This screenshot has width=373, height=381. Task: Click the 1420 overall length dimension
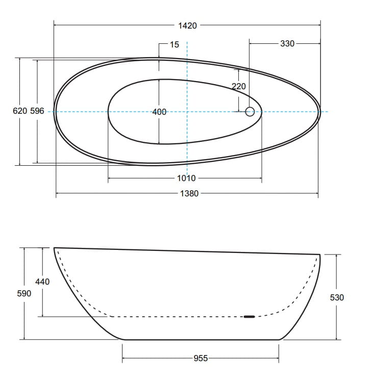click(x=187, y=26)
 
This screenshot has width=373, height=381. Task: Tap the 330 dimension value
click(x=287, y=43)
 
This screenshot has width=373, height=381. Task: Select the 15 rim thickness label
click(x=174, y=44)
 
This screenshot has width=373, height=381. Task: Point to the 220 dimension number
click(x=238, y=86)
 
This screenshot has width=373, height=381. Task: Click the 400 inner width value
click(x=159, y=112)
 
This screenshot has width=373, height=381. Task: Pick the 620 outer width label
click(x=20, y=111)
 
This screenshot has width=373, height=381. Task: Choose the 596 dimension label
click(x=37, y=111)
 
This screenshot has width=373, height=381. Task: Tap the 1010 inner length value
click(x=186, y=178)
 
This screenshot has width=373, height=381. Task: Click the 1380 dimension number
click(x=189, y=193)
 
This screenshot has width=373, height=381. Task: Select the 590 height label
click(x=24, y=293)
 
